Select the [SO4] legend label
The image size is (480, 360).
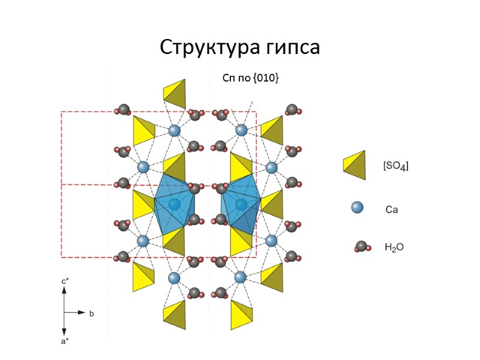click(395, 166)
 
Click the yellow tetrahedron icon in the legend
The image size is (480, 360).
click(355, 164)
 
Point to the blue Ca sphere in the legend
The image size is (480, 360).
click(357, 208)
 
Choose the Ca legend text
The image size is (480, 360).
click(392, 210)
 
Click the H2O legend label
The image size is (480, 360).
click(394, 247)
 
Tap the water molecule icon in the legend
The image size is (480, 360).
click(361, 246)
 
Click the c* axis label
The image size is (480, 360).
click(65, 280)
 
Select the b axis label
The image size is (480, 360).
click(92, 313)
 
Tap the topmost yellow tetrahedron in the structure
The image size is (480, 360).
click(175, 92)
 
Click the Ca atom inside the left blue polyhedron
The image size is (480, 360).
click(175, 205)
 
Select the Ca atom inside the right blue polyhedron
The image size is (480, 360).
click(241, 205)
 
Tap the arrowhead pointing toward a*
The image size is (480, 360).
click(65, 332)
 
